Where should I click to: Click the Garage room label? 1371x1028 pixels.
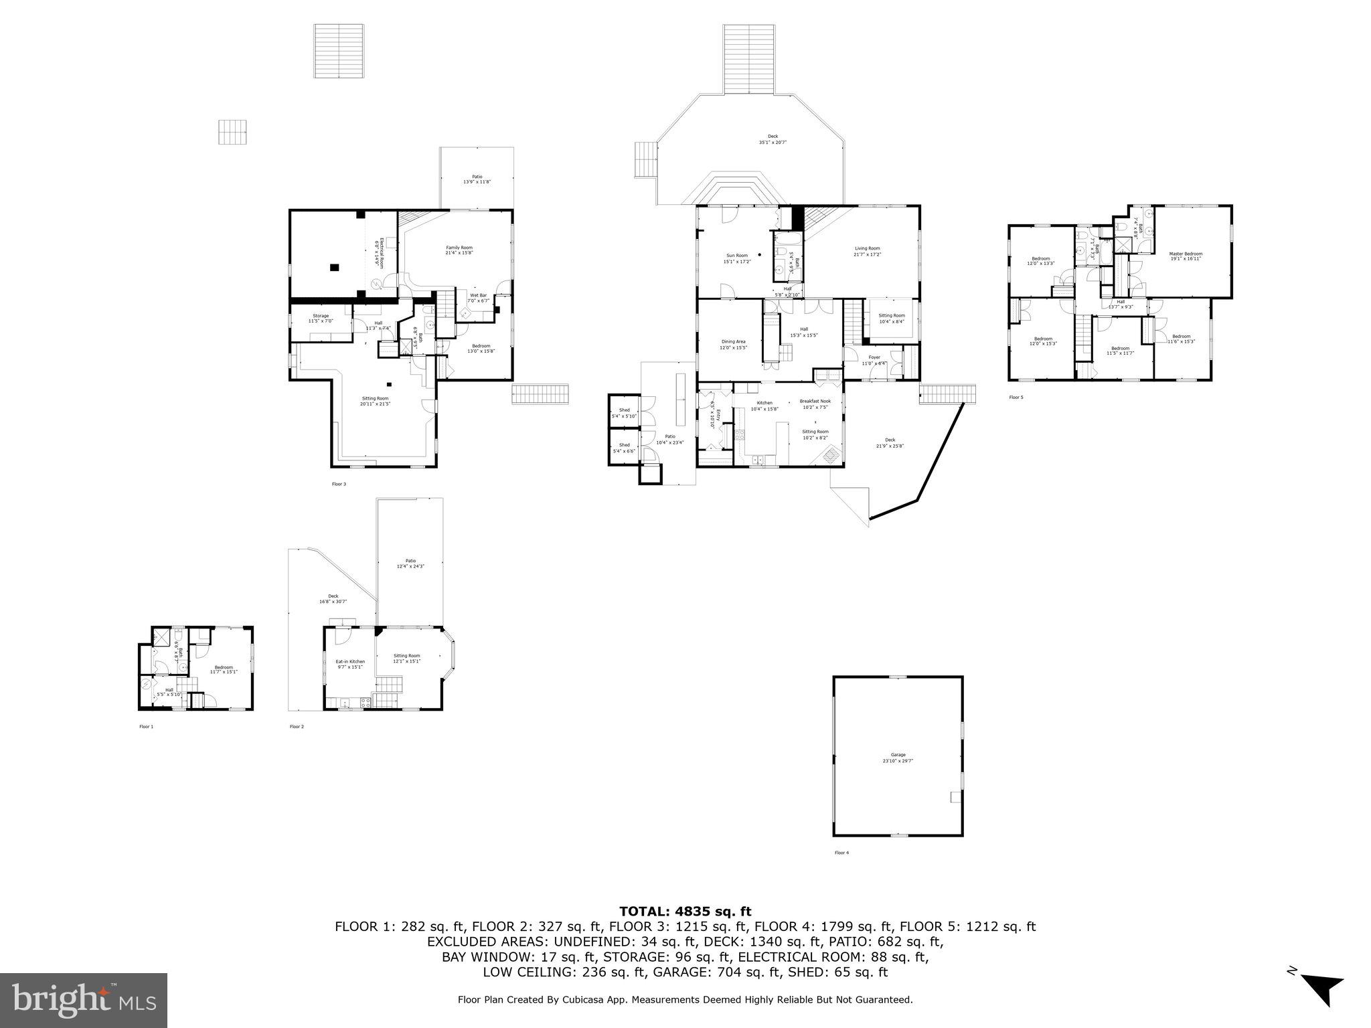(x=898, y=755)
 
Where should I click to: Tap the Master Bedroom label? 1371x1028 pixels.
(x=1186, y=254)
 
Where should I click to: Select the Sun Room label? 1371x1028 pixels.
(x=737, y=255)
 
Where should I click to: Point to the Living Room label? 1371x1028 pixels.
(x=867, y=248)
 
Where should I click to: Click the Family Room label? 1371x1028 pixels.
(x=459, y=248)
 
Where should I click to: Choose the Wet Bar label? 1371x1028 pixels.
(x=478, y=295)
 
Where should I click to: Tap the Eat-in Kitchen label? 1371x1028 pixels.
(x=350, y=662)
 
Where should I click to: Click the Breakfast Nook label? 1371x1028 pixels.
(x=815, y=401)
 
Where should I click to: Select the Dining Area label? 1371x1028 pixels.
(x=733, y=341)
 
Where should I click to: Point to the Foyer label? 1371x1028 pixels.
(x=874, y=357)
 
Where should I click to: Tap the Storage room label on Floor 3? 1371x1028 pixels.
(x=321, y=316)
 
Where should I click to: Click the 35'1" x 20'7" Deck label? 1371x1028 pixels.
(x=773, y=137)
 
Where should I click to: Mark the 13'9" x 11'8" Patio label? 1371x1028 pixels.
(x=477, y=177)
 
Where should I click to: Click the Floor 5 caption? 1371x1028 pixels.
(x=1016, y=398)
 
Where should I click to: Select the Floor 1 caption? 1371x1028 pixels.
(x=147, y=727)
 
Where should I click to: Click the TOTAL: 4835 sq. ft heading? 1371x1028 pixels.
(x=685, y=911)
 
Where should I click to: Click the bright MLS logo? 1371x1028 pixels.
(x=84, y=1001)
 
